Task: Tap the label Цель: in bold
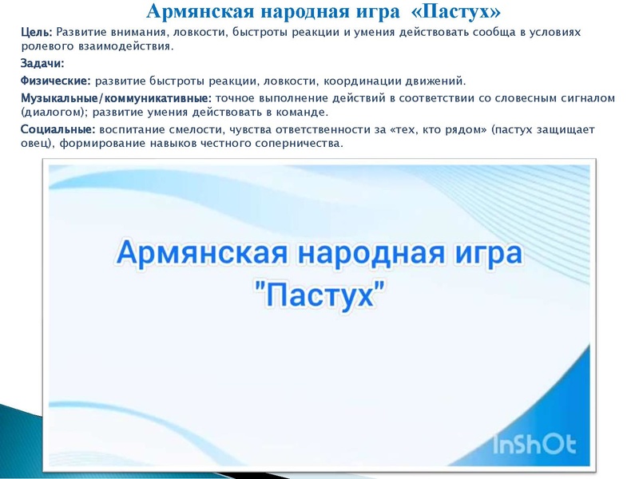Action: [x=36, y=31]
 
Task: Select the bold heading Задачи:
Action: [x=42, y=64]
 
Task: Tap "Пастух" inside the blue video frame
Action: [x=319, y=295]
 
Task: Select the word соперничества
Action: [x=296, y=144]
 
